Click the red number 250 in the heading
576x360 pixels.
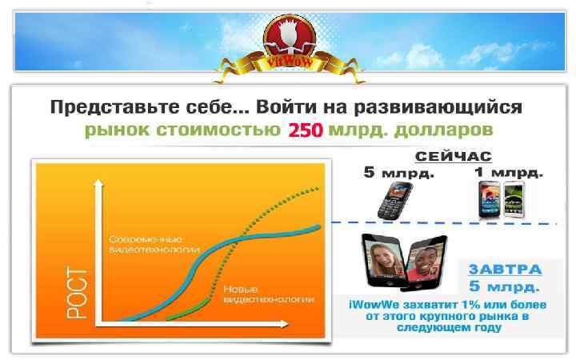(305, 130)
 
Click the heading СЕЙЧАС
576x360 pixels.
(453, 156)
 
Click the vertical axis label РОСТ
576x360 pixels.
(76, 292)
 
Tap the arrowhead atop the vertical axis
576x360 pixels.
(97, 183)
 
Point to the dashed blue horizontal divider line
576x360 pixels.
(448, 222)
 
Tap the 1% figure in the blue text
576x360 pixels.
(449, 304)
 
